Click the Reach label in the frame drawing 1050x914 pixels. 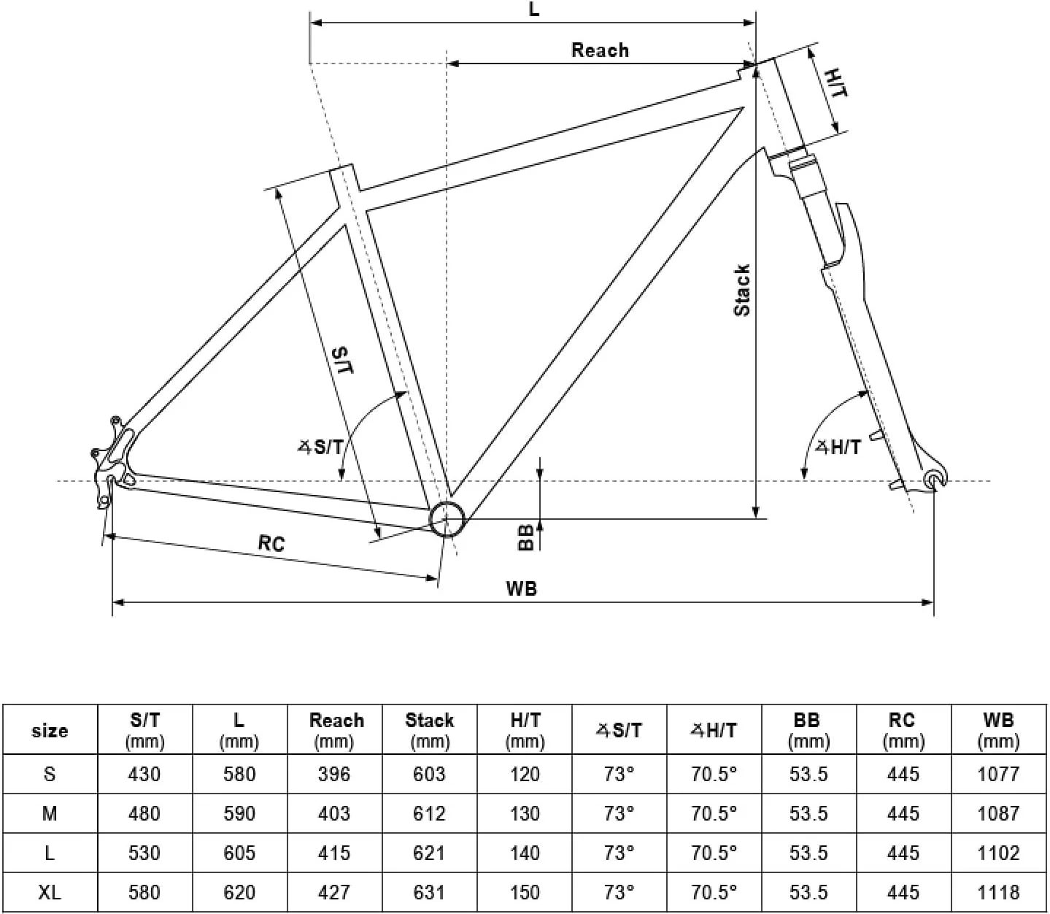click(x=600, y=50)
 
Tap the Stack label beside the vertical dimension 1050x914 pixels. click(x=742, y=290)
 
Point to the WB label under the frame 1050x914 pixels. click(x=522, y=588)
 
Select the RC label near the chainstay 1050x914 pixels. click(x=271, y=543)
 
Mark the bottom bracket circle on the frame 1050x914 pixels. click(x=447, y=519)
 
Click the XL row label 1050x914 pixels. click(x=50, y=892)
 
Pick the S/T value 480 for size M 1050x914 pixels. click(x=144, y=813)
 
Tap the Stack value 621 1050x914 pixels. click(x=429, y=853)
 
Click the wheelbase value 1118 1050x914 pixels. click(x=998, y=892)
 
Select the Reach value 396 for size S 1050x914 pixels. click(x=334, y=774)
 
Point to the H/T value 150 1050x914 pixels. click(x=525, y=892)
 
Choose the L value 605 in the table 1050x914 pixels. click(x=239, y=853)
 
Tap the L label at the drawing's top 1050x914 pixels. click(x=534, y=9)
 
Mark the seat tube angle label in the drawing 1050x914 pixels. click(x=320, y=448)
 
